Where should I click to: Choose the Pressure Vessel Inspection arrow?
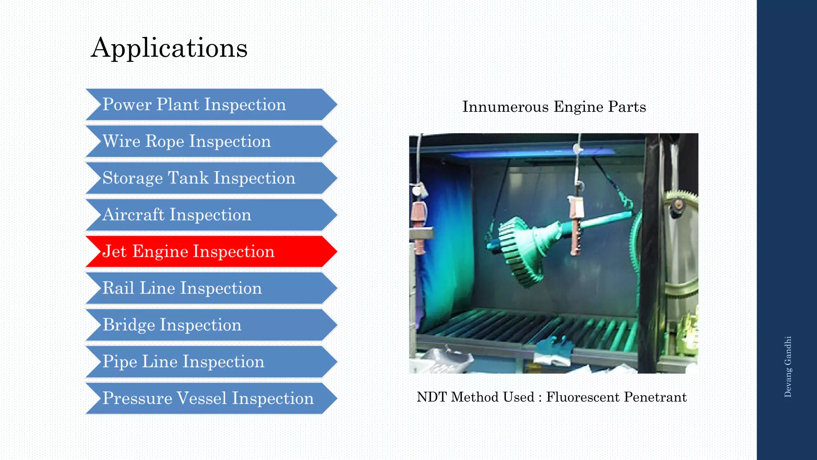207,399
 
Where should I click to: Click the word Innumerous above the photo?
505,107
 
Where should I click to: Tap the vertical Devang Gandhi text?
788,367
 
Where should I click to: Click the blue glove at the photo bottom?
555,349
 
